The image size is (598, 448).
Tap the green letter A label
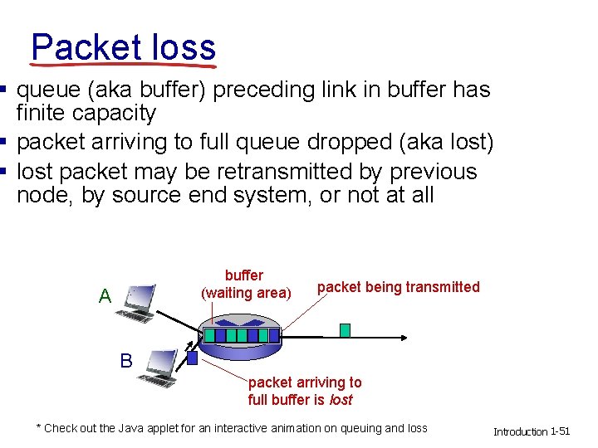(105, 296)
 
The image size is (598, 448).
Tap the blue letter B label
(126, 361)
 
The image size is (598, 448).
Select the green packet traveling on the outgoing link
(345, 330)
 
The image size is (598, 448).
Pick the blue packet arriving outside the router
(193, 358)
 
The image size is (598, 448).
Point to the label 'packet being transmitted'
(398, 287)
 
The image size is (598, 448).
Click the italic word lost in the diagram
(341, 400)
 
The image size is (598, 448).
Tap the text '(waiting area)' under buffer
(247, 293)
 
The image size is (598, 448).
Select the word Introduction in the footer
(520, 431)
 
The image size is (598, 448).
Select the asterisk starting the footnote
(38, 427)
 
